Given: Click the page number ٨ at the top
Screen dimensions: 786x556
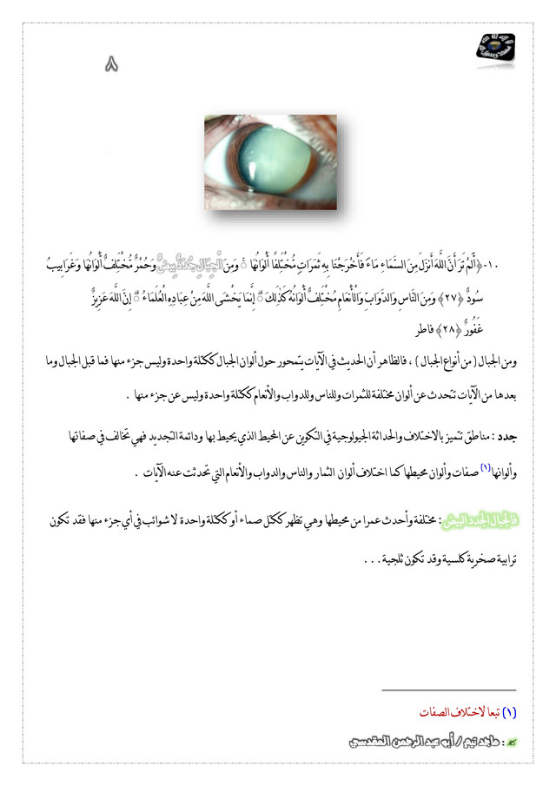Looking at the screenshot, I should coord(111,64).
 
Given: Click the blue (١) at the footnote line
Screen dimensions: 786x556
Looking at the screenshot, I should coord(510,711).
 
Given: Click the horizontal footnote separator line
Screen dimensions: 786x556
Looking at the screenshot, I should coord(448,690).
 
